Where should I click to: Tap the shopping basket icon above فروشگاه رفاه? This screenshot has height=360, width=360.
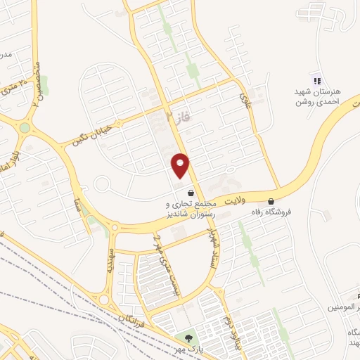pos(271,200)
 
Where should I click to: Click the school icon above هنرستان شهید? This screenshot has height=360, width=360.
pos(316,80)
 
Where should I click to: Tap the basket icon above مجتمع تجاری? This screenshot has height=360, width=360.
pos(190,192)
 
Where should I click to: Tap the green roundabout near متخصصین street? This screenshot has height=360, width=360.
pos(25,128)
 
